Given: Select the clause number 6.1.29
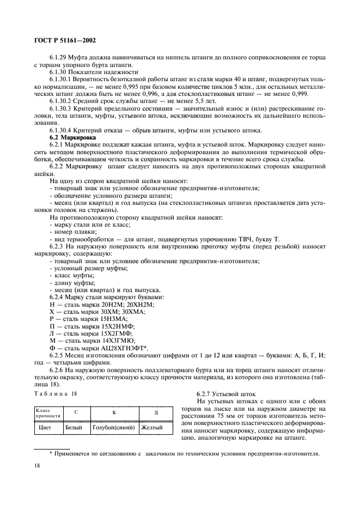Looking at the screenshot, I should (59, 57).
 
